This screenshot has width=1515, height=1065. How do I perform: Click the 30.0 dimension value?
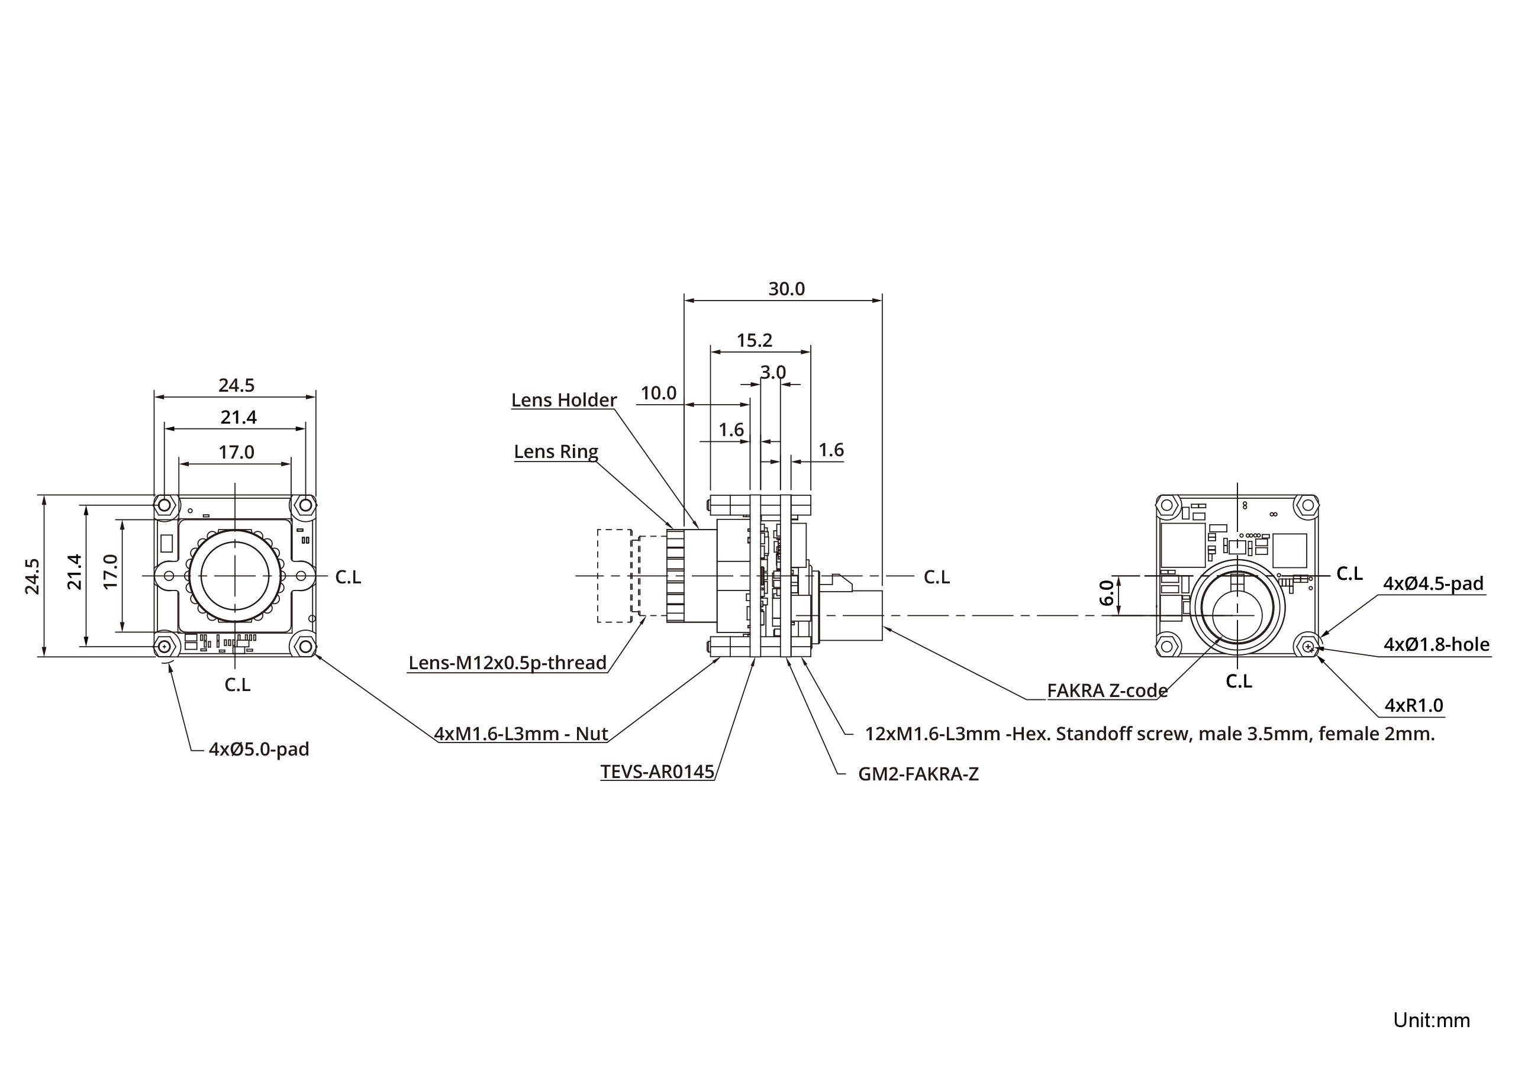point(786,289)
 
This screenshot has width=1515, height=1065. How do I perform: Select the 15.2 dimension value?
point(754,340)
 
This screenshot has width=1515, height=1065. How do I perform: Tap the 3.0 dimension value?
point(773,372)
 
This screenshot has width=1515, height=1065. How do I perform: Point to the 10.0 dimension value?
point(659,393)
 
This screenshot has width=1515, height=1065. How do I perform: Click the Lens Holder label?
point(563,400)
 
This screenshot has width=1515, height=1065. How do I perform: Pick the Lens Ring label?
point(556,451)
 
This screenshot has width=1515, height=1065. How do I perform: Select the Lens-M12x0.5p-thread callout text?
point(507,663)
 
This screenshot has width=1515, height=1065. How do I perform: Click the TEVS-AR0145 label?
point(657,772)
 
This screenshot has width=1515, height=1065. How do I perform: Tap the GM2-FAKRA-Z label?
point(918,774)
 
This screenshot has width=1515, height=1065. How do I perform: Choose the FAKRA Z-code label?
point(1107,690)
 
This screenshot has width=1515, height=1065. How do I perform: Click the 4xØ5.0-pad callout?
point(259,749)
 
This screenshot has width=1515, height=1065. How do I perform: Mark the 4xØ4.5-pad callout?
point(1433,583)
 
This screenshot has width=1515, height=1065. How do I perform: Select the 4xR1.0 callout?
point(1413,705)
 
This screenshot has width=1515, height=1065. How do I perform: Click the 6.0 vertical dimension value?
point(1107,592)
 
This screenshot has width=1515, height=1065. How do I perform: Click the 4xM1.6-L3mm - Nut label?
point(521,734)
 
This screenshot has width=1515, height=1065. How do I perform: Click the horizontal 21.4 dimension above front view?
point(238,417)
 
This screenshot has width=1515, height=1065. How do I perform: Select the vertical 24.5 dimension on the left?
point(33,576)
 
